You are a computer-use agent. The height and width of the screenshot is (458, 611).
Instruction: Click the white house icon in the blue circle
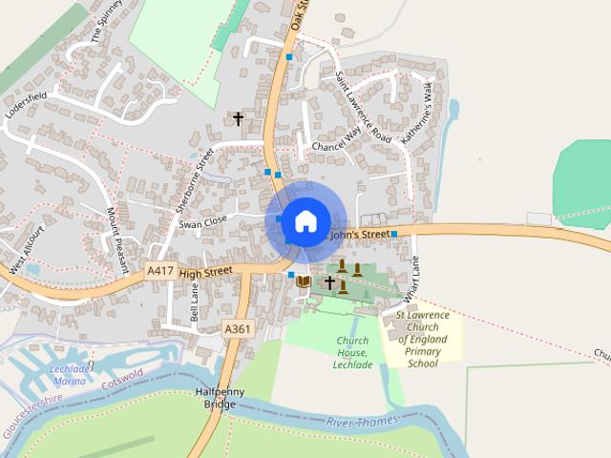(305, 221)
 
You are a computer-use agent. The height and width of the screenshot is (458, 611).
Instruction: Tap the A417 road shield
(160, 272)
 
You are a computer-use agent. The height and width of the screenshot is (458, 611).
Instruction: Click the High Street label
(205, 273)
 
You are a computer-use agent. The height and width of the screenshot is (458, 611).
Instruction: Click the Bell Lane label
(195, 306)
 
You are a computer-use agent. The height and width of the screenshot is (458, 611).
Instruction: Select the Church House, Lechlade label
(352, 352)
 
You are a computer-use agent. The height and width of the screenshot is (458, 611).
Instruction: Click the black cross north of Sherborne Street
(238, 118)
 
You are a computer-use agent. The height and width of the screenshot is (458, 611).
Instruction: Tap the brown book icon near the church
(304, 281)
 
